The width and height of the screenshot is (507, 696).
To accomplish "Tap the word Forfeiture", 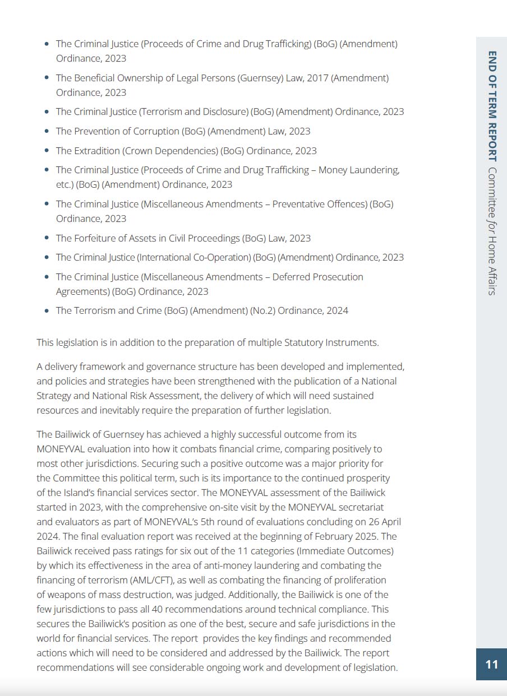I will click(x=96, y=238).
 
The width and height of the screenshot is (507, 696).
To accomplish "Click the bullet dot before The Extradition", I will click(x=47, y=151).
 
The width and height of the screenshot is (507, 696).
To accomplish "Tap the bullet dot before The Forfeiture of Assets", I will click(x=47, y=238).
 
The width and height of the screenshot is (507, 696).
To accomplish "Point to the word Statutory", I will click(x=304, y=342).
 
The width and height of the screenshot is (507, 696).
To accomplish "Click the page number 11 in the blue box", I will click(x=491, y=665).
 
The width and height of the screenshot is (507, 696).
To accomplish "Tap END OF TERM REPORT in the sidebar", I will click(x=492, y=106).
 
